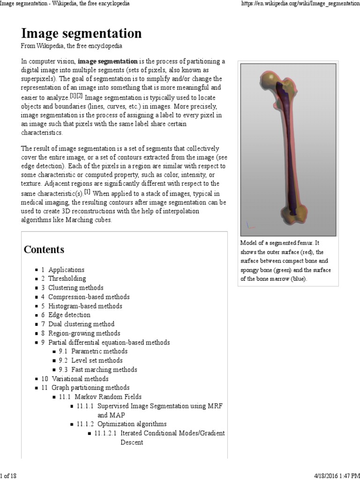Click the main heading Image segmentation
click(x=81, y=34)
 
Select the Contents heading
click(x=44, y=249)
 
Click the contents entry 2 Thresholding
click(x=67, y=278)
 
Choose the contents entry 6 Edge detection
click(x=69, y=315)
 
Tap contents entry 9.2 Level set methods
click(x=97, y=360)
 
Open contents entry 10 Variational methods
click(x=80, y=379)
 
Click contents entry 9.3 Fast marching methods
click(x=104, y=369)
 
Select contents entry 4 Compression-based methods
click(x=89, y=297)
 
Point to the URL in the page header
click(x=300, y=4)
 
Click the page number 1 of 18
click(x=8, y=476)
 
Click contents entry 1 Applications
click(x=66, y=270)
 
